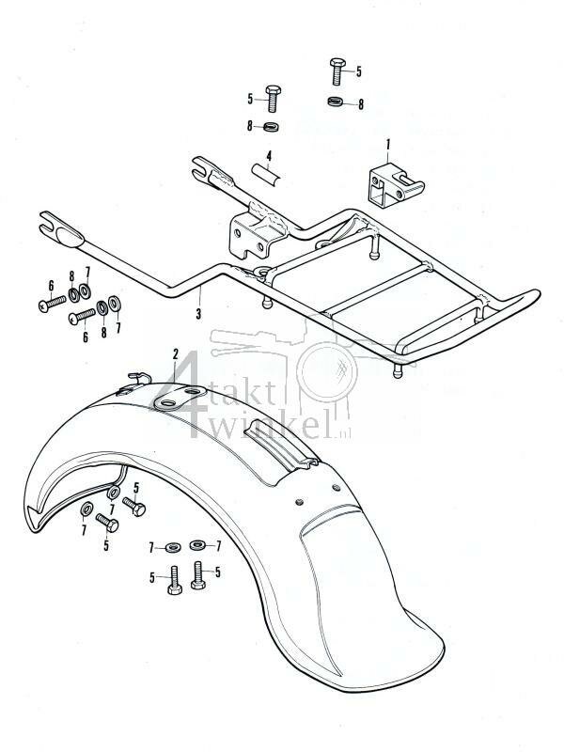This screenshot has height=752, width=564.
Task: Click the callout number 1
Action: [x=385, y=145]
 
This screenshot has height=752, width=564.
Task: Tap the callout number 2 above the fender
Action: [x=175, y=353]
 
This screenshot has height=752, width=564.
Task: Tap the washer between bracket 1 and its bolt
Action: [x=337, y=102]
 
